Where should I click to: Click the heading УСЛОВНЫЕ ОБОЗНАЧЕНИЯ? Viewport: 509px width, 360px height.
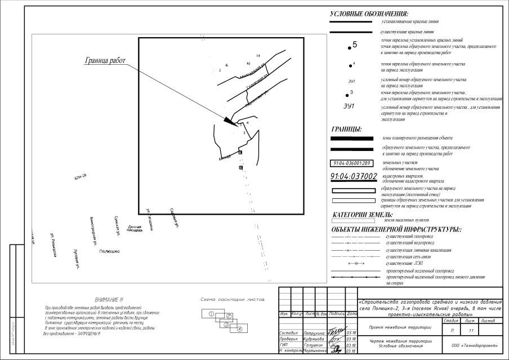[369, 14]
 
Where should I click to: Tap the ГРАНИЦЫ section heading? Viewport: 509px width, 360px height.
[346, 129]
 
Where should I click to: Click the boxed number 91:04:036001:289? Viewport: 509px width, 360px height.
[351, 163]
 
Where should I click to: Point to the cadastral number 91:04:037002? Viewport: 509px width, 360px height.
[354, 176]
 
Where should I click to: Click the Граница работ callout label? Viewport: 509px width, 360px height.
[105, 60]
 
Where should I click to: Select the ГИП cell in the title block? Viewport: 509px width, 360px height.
[285, 345]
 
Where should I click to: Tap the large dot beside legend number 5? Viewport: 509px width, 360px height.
[350, 48]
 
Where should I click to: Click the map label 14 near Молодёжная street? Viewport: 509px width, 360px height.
[258, 56]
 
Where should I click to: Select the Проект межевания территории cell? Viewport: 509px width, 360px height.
[397, 327]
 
